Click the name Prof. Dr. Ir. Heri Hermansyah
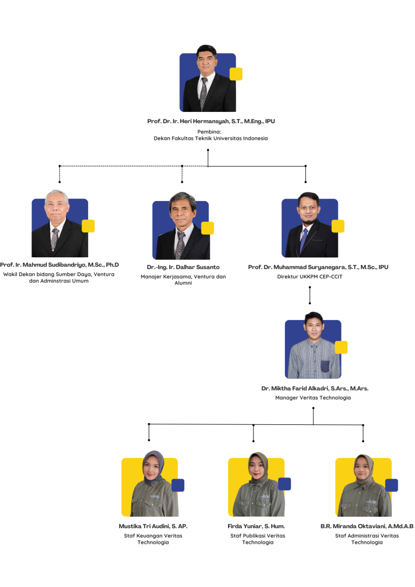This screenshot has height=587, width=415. (211, 122)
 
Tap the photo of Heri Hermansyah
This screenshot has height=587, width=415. (207, 81)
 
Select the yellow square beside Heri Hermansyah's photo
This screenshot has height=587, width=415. (236, 74)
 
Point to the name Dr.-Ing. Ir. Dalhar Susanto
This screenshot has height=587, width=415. (183, 267)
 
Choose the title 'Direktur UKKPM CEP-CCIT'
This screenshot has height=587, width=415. (310, 276)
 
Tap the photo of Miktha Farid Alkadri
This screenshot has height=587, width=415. (313, 349)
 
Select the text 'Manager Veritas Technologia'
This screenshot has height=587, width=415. (313, 397)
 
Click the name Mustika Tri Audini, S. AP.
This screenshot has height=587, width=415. (153, 526)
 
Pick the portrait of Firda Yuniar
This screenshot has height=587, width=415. (256, 486)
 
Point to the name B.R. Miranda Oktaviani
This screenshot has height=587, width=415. (367, 526)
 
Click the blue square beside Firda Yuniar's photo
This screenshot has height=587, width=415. (285, 484)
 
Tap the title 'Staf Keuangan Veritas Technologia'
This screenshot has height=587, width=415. (153, 539)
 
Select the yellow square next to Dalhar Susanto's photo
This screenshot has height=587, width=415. (207, 228)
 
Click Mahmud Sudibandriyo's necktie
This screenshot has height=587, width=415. (55, 239)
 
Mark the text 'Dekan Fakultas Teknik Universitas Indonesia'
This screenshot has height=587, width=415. (211, 138)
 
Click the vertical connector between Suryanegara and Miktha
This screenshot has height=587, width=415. (310, 296)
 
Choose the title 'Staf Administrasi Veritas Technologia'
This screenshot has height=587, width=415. (367, 539)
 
